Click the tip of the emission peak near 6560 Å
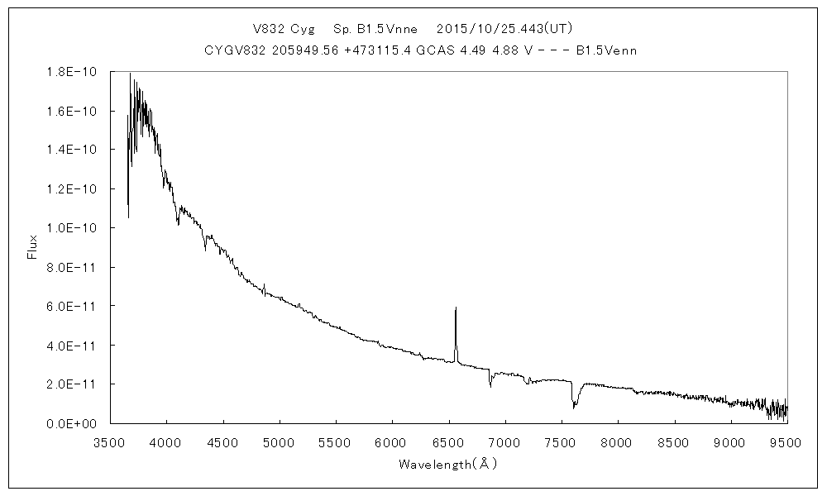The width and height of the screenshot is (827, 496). tap(456, 308)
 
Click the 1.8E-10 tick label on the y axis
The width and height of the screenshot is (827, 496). tap(73, 72)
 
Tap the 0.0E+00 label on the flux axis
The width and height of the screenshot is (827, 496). tap(73, 423)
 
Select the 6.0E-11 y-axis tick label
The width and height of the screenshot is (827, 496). tap(73, 306)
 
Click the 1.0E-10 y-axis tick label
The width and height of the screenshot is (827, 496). tap(73, 228)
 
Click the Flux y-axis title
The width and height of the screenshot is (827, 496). tap(33, 247)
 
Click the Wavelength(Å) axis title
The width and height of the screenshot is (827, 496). tap(447, 464)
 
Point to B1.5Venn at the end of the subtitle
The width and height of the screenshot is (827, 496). tap(605, 50)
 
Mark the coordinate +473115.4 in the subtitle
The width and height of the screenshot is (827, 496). tap(364, 50)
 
